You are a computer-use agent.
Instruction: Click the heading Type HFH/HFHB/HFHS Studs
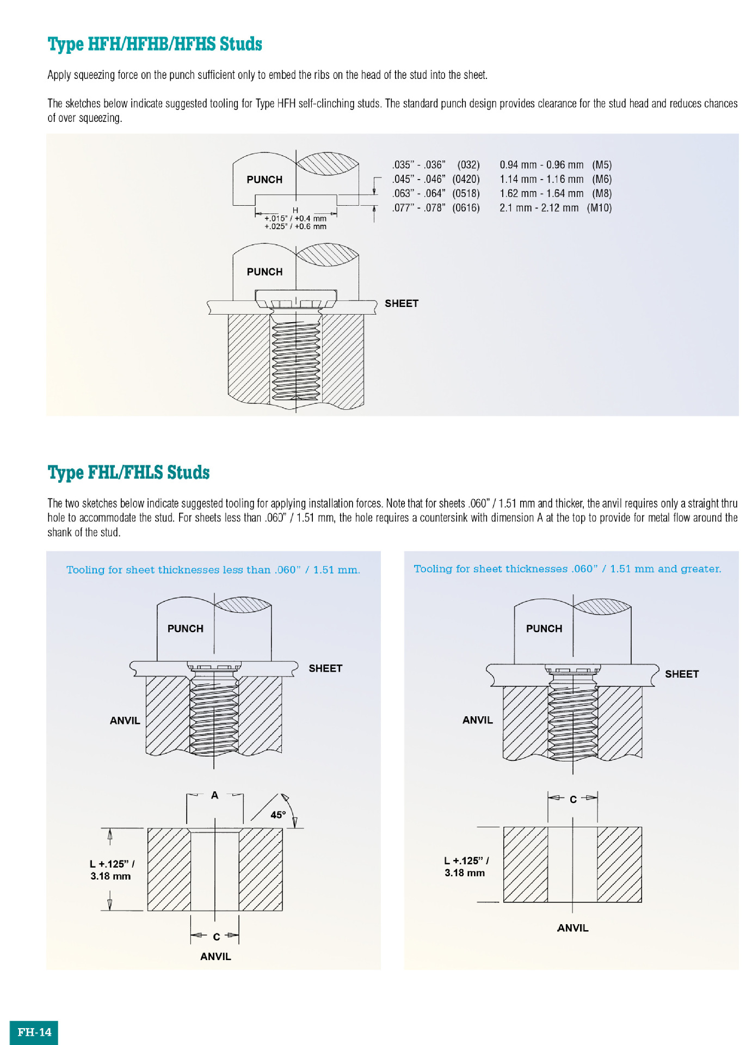tap(155, 44)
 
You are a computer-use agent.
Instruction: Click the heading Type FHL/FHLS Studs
tap(128, 472)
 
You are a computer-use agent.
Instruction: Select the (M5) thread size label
tap(602, 165)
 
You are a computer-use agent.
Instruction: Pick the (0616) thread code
tap(466, 208)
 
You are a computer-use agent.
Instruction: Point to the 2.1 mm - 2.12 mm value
tap(539, 208)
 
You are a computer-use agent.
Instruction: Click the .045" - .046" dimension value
tap(418, 179)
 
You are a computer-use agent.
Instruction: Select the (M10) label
tap(599, 208)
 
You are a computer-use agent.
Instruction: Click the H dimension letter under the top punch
tap(295, 211)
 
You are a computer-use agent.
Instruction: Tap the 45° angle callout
tap(278, 815)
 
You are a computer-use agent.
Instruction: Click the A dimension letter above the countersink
tap(215, 795)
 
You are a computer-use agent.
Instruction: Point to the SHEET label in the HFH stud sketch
tap(402, 304)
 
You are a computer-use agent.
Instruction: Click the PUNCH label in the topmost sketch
tap(264, 180)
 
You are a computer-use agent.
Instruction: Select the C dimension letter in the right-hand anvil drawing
tap(573, 800)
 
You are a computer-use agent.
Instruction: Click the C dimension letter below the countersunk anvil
tap(217, 937)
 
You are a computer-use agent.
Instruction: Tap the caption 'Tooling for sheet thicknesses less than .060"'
tap(213, 570)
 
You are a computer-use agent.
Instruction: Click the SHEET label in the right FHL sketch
tap(682, 674)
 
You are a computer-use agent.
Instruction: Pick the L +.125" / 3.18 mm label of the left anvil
tap(111, 870)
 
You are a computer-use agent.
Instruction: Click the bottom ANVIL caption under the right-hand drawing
tap(573, 928)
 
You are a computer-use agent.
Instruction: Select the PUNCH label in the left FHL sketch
tap(186, 629)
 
